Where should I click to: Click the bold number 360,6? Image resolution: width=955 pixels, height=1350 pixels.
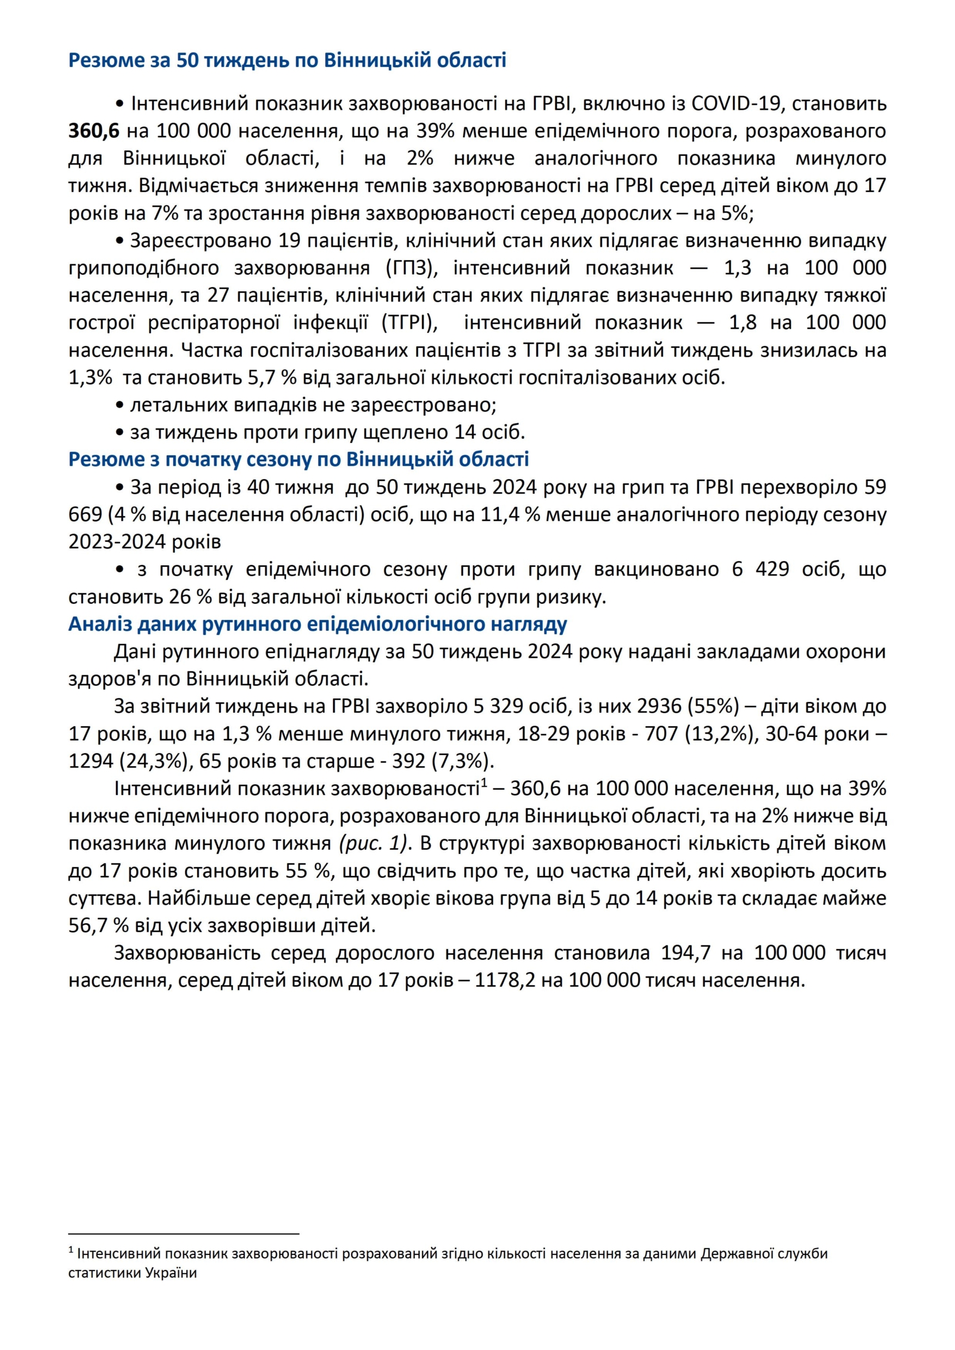click(x=94, y=131)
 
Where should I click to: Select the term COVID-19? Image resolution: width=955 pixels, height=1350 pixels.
click(x=735, y=104)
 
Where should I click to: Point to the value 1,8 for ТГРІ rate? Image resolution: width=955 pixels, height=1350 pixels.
click(x=743, y=323)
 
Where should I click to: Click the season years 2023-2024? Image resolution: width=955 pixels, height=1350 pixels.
click(x=117, y=542)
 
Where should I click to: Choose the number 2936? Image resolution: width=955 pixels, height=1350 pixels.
click(x=659, y=707)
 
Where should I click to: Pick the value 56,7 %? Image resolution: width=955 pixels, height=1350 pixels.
click(x=98, y=926)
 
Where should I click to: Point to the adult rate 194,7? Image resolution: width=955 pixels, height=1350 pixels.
click(x=686, y=953)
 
